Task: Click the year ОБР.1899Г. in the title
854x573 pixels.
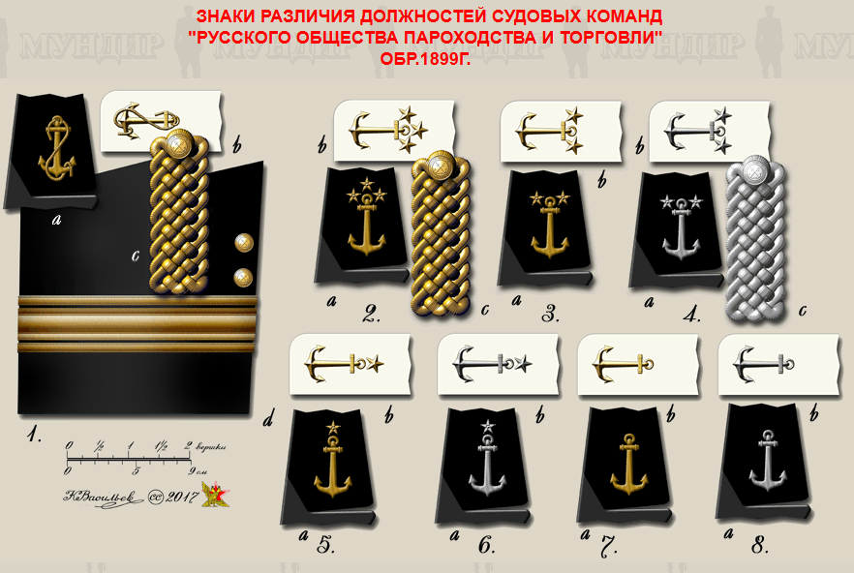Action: pos(426,57)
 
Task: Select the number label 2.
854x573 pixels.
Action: pos(371,313)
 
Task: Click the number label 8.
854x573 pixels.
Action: pos(759,545)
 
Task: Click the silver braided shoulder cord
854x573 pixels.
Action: pos(755,238)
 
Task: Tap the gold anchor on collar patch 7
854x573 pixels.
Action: pos(629,461)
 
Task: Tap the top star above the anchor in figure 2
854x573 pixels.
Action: pos(367,181)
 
